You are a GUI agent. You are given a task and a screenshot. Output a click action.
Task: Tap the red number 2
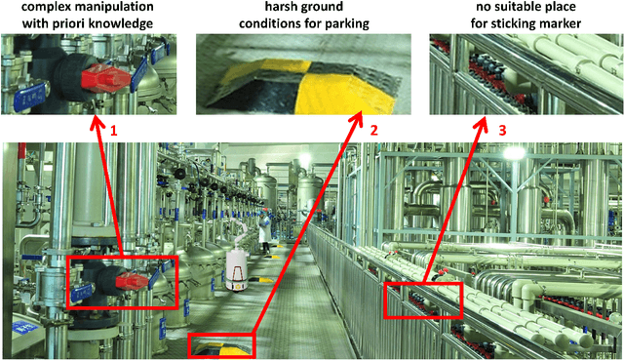pos(373,129)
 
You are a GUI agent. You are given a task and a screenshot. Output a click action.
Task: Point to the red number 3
pos(502,129)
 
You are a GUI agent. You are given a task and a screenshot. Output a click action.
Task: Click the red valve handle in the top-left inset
pos(105,76)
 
